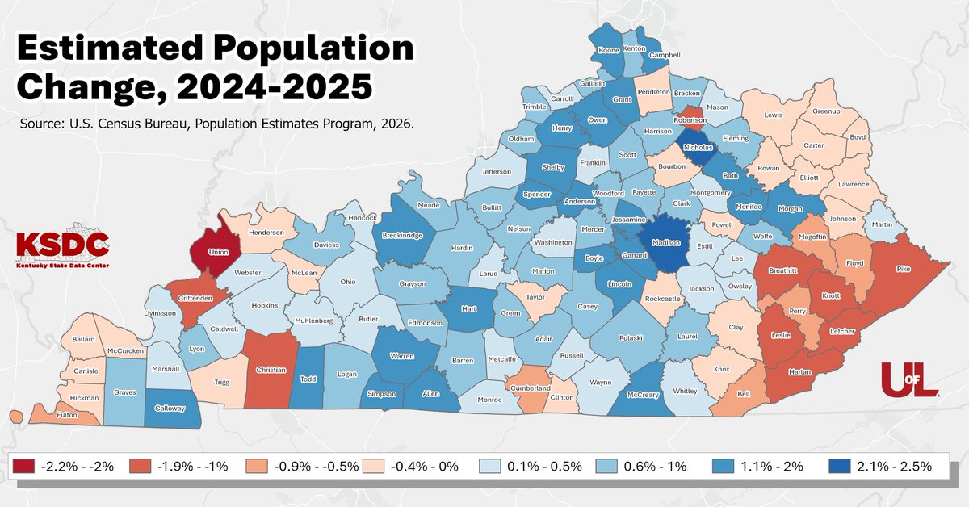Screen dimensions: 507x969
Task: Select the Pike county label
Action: pyautogui.click(x=903, y=268)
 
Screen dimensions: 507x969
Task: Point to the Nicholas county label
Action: pyautogui.click(x=698, y=148)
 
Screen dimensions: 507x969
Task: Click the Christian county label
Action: pyautogui.click(x=271, y=370)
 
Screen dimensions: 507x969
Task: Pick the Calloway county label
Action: pyautogui.click(x=170, y=409)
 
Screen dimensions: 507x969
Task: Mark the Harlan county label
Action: pyautogui.click(x=798, y=371)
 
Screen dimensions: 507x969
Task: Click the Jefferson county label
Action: pyautogui.click(x=497, y=171)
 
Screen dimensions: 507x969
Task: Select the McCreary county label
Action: pyautogui.click(x=644, y=395)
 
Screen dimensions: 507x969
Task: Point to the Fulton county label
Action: pyautogui.click(x=67, y=414)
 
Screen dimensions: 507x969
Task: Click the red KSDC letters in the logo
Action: pyautogui.click(x=63, y=243)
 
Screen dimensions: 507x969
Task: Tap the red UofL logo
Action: pyautogui.click(x=908, y=379)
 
